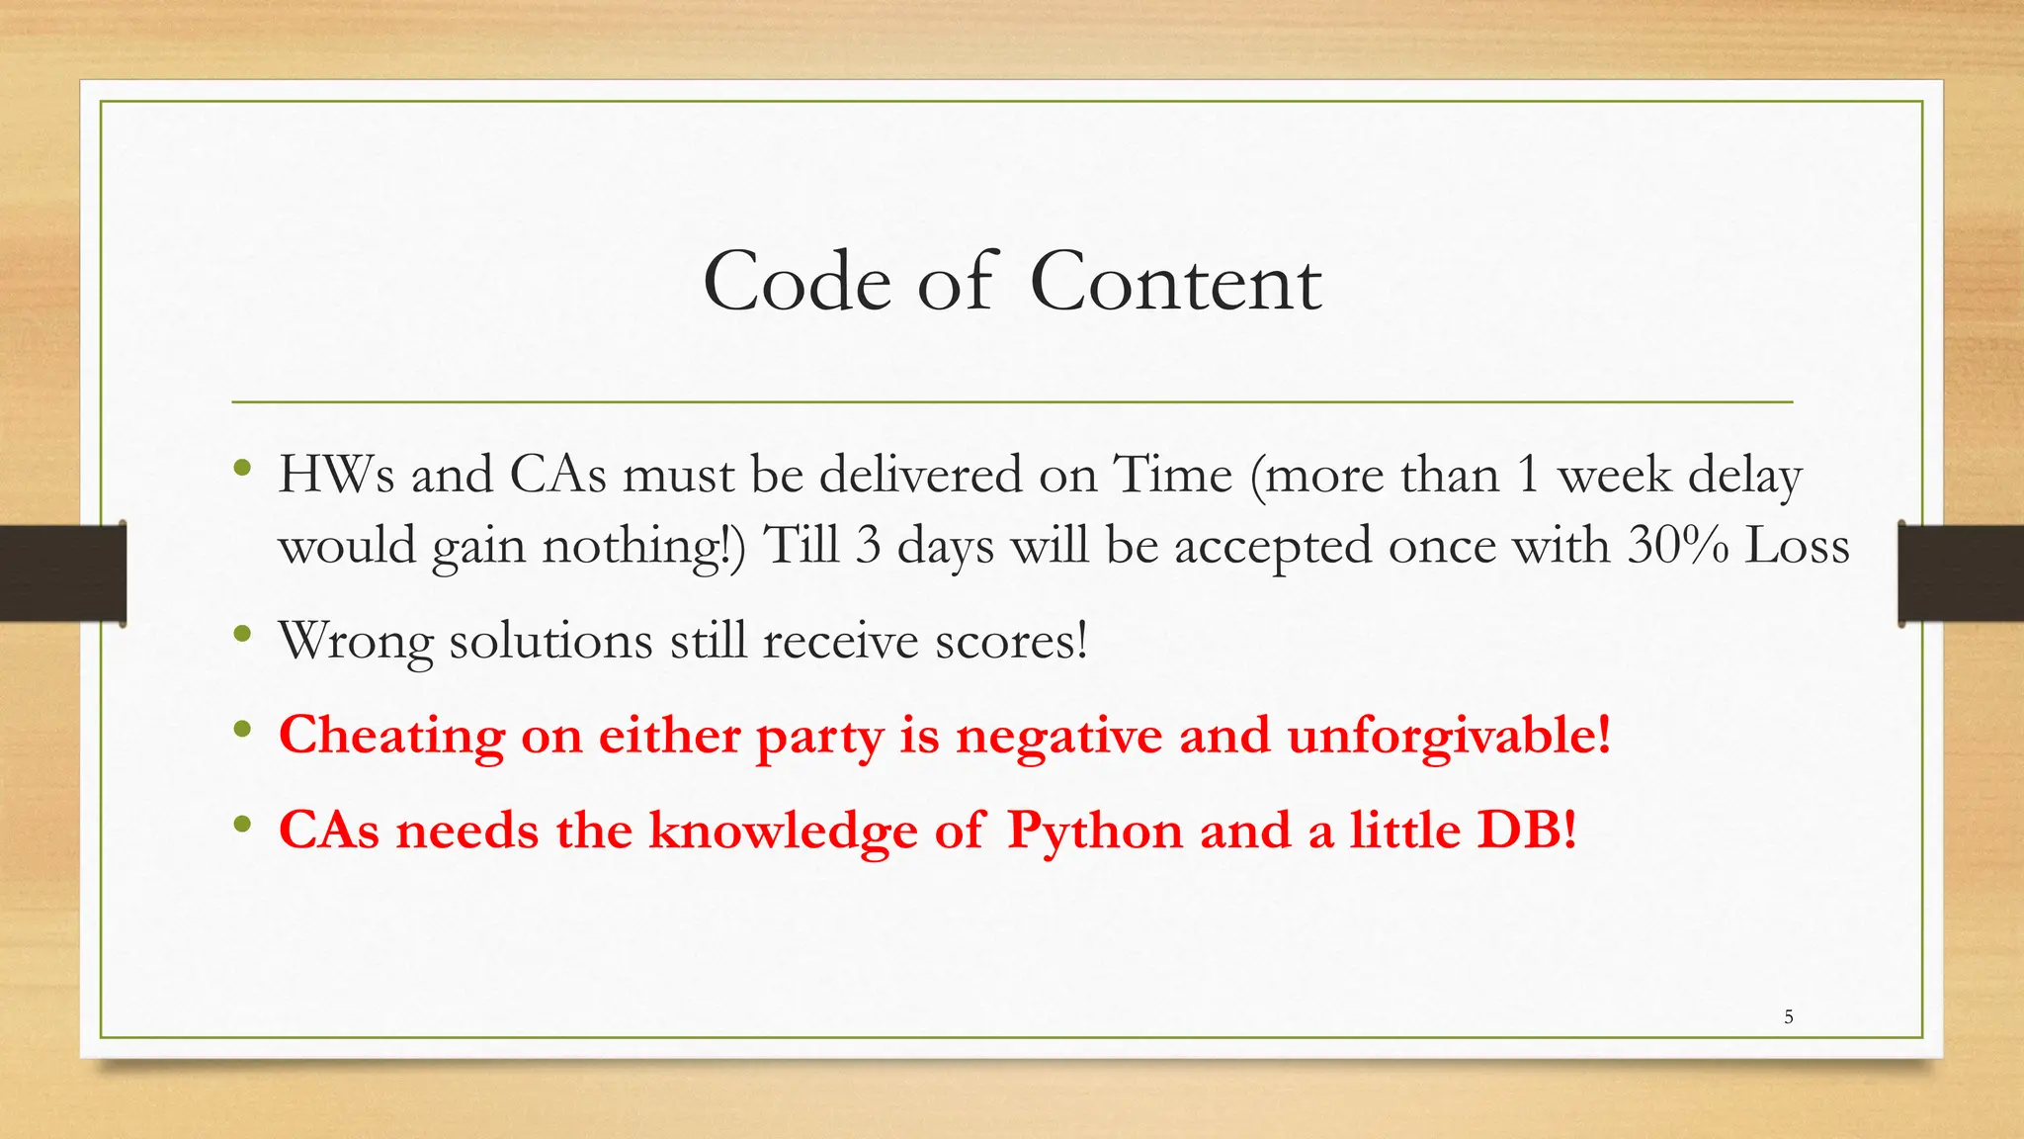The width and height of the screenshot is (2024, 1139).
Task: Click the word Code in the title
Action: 797,283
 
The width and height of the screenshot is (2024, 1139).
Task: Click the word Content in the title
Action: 1175,283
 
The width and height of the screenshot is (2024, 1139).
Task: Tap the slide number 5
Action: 1788,1016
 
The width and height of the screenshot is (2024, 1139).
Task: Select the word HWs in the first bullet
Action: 336,475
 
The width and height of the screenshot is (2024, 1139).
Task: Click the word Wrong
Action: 356,642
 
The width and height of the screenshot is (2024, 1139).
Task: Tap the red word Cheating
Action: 391,737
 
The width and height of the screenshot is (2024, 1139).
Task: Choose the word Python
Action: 1095,831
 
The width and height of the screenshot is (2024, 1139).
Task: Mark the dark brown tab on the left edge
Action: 62,573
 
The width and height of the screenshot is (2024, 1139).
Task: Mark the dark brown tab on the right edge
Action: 1961,573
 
